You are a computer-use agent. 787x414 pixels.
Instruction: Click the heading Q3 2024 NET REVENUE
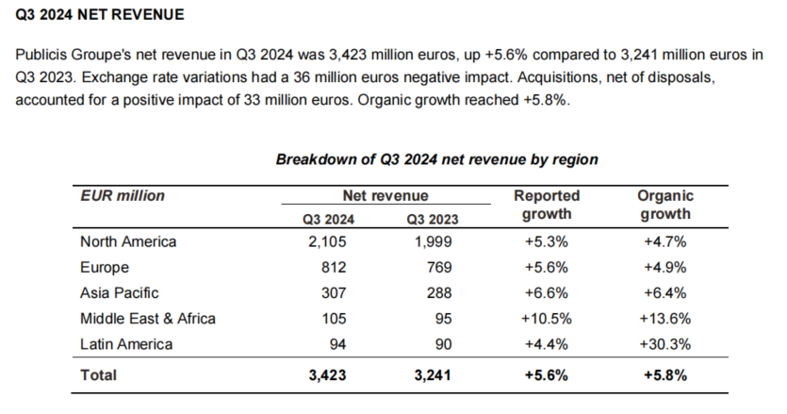(x=100, y=14)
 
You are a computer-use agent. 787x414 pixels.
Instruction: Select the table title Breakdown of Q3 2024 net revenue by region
(x=436, y=159)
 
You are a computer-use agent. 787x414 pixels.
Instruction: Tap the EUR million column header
(x=123, y=195)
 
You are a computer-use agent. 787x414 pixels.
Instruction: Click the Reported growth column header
(x=547, y=205)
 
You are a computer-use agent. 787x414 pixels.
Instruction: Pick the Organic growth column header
(x=665, y=205)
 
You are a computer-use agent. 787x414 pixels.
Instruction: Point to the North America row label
(x=128, y=241)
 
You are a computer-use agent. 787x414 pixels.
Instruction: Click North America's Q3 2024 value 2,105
(x=327, y=241)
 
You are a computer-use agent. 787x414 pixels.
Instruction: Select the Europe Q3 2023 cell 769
(x=439, y=267)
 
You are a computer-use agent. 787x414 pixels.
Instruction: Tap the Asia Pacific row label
(x=120, y=293)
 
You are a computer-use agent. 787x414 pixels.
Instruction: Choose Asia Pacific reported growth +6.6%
(x=547, y=293)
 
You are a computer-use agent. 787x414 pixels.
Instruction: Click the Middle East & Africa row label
(x=148, y=319)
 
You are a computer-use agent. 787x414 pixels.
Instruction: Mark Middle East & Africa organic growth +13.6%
(x=665, y=319)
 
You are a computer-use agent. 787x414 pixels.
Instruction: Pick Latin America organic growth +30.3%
(x=665, y=344)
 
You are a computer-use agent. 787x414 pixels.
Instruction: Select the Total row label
(x=98, y=375)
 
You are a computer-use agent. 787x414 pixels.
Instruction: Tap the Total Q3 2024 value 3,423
(x=327, y=375)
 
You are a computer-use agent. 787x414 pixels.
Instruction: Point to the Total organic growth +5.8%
(x=665, y=375)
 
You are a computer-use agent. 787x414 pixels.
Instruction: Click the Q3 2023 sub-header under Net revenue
(x=433, y=220)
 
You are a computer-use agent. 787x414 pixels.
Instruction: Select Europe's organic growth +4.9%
(x=665, y=267)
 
